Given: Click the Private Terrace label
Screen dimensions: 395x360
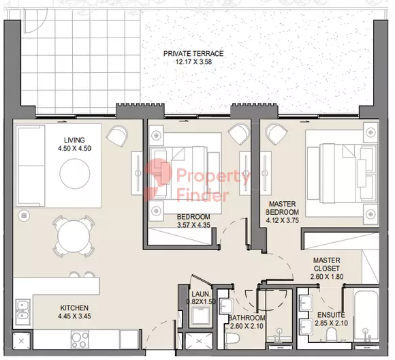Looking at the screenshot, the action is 193,53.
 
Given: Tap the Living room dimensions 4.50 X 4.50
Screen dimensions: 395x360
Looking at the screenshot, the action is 74,148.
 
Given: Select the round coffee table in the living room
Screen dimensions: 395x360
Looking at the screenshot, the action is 75,173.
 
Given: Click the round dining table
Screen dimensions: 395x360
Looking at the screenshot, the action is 74,236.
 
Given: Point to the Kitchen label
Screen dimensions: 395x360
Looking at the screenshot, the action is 74,307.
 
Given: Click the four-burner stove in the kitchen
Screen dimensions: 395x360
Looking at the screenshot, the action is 80,340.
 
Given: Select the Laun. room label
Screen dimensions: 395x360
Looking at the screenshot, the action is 201,294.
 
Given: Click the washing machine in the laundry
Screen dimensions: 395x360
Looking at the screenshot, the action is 200,316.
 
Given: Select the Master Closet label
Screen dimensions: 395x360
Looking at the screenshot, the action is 327,264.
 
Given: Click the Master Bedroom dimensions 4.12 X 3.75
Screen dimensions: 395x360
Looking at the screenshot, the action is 283,220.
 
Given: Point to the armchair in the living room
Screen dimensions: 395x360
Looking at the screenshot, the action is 117,136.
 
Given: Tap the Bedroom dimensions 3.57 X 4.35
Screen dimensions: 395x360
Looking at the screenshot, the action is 193,225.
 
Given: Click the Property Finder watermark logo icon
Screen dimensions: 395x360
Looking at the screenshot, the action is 158,180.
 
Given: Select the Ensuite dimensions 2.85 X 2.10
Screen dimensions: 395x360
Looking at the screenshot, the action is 331,323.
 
